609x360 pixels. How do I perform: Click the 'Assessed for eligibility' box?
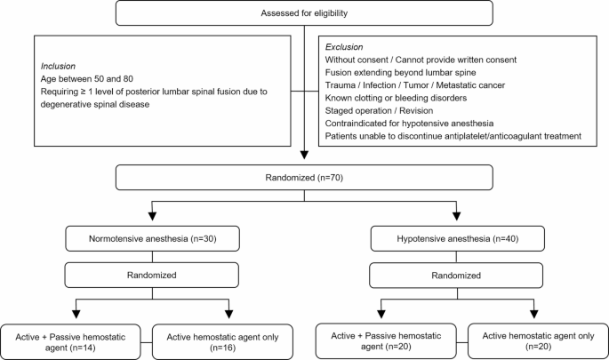[305, 12]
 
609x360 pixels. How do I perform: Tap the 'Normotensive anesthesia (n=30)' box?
[153, 239]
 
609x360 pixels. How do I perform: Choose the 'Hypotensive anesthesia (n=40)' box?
[457, 239]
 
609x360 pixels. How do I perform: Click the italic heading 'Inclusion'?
[58, 66]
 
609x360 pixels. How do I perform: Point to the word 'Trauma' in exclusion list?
[342, 84]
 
